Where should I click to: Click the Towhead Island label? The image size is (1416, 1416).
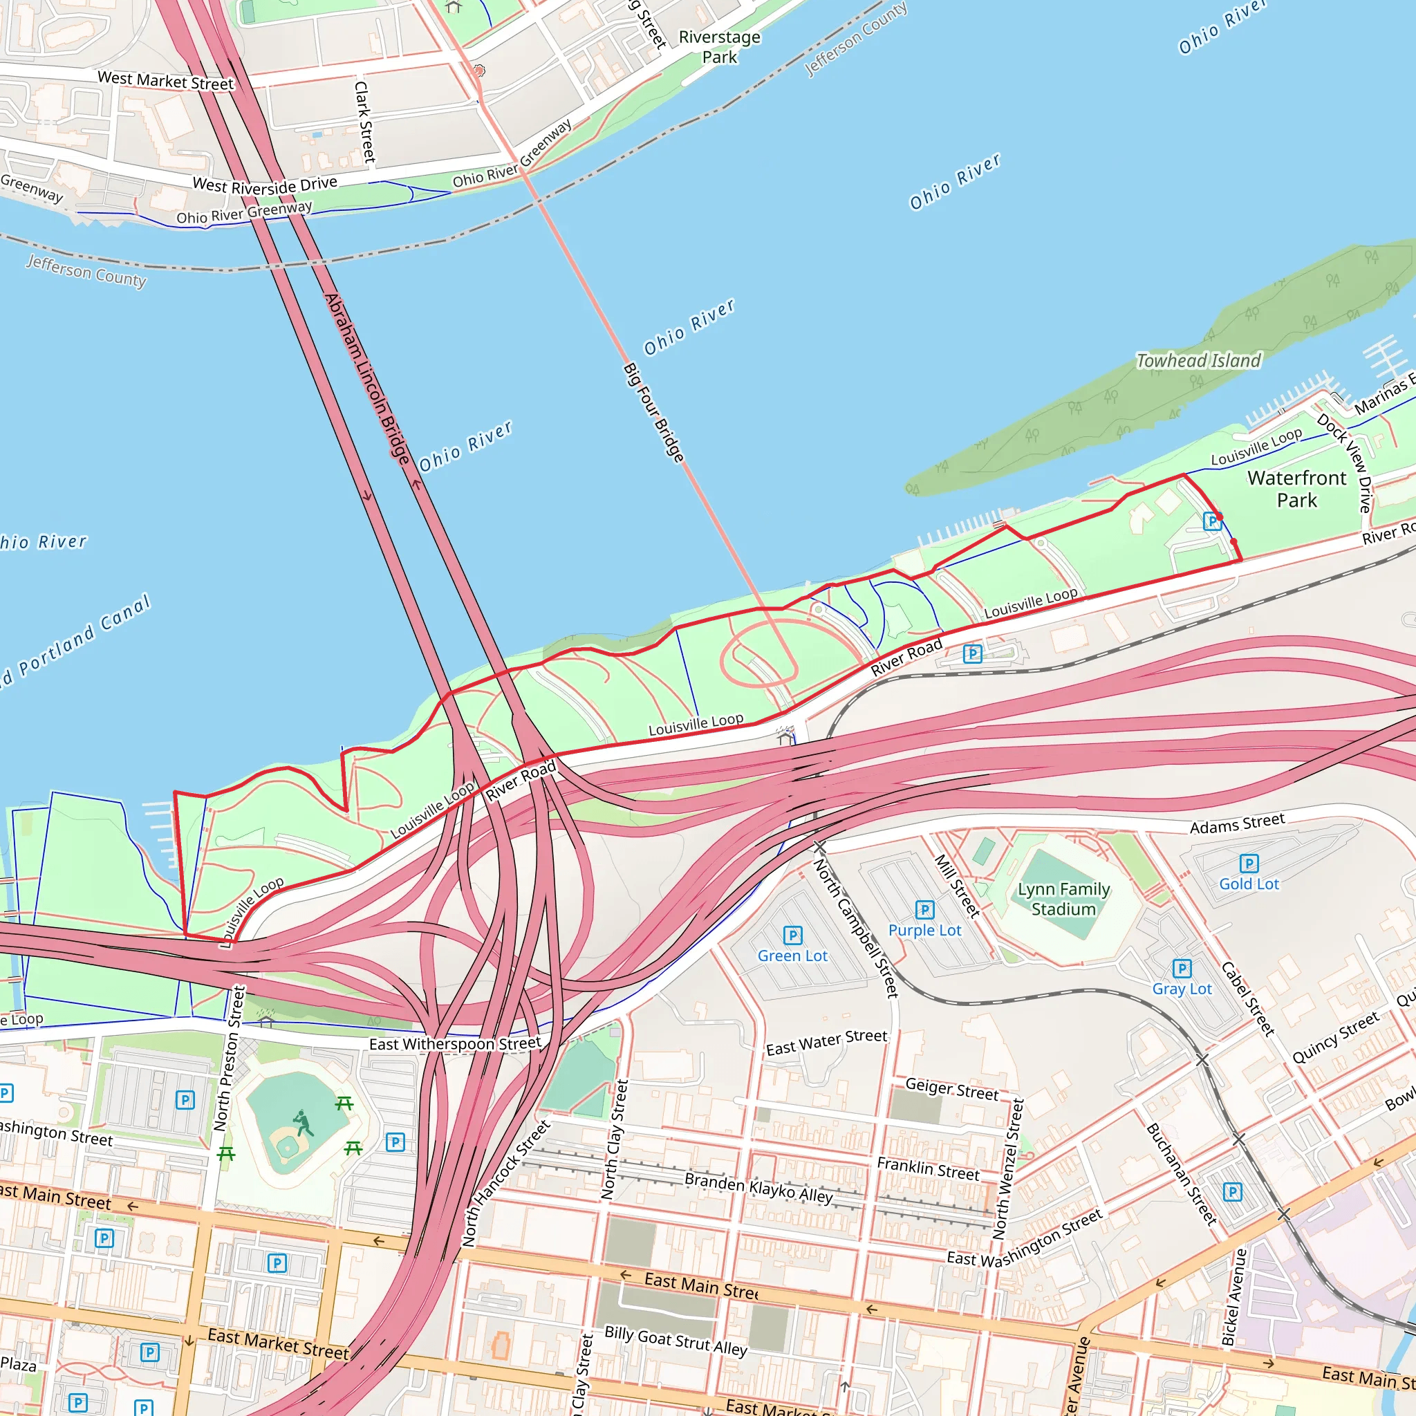(1198, 361)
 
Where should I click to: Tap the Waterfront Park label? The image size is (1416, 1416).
(1296, 489)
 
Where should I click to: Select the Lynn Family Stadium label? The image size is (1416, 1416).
(1063, 900)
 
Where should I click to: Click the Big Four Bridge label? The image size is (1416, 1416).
(653, 413)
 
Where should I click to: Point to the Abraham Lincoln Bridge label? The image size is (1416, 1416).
(366, 379)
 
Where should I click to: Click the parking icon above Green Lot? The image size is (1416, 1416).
(792, 935)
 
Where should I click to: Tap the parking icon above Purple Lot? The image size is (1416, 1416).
(925, 910)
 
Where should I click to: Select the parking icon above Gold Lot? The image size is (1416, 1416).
(1249, 864)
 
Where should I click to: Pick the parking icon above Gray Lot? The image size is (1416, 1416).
(1182, 968)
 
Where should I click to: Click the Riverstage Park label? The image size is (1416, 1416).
(720, 47)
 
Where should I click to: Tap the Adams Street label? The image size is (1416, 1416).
(1237, 823)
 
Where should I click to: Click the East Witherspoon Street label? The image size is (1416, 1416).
(455, 1043)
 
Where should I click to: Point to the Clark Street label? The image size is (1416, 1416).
(364, 122)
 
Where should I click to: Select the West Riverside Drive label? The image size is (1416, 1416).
(265, 185)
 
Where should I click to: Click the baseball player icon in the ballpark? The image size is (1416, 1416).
(303, 1123)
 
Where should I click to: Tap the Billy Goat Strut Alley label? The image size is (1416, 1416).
(676, 1341)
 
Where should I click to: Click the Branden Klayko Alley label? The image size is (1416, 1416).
(758, 1187)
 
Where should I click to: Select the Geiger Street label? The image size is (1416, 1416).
(951, 1089)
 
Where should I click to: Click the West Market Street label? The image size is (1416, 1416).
(166, 81)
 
